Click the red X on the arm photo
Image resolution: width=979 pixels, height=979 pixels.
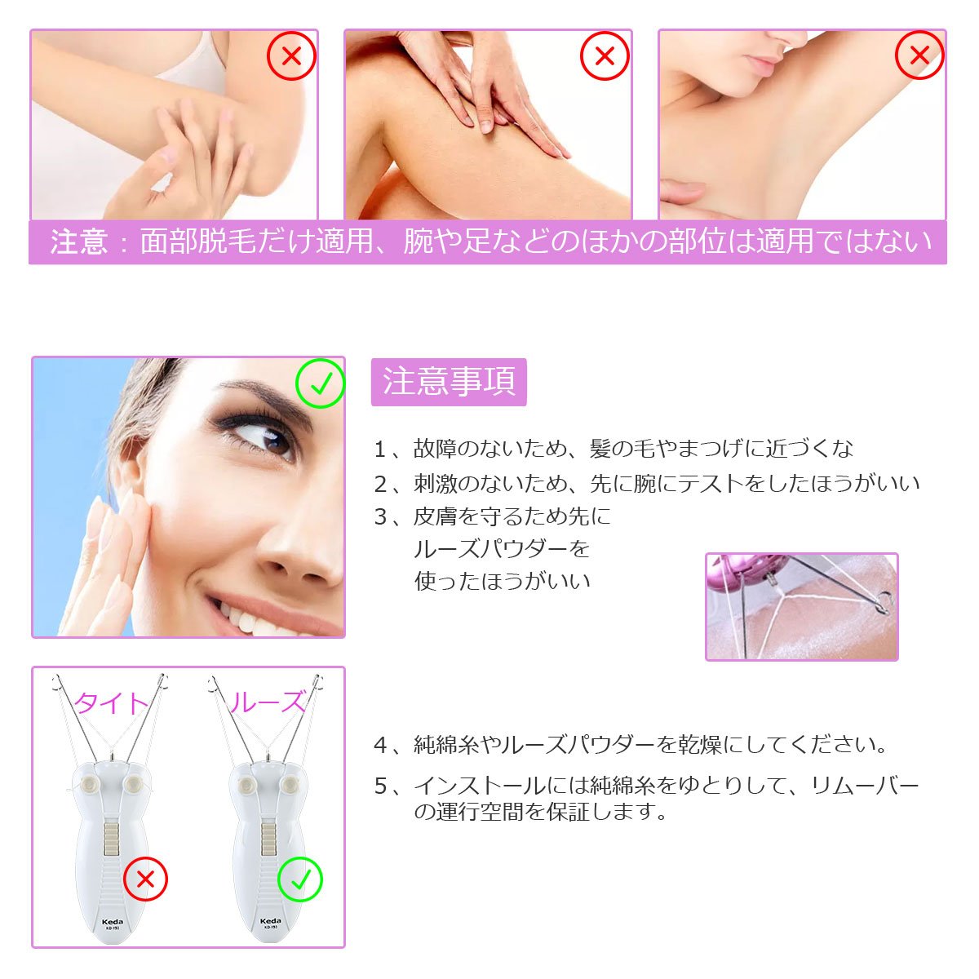coord(291,56)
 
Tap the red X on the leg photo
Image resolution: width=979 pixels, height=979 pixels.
coord(605,56)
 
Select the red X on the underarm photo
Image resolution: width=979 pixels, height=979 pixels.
coord(919,55)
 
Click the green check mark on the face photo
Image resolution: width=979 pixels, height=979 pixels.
coord(320,383)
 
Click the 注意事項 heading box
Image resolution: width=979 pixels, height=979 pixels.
coord(449,382)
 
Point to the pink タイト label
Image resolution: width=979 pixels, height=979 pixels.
coord(111,703)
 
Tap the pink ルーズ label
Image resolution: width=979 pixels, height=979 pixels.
coord(267,702)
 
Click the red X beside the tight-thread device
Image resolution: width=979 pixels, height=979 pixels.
coord(145,879)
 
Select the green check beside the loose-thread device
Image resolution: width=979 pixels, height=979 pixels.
coord(299,879)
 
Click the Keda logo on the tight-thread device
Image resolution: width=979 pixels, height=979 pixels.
coord(113,922)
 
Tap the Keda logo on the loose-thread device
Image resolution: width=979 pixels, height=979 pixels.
coord(270,921)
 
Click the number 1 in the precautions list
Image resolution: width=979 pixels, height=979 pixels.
coord(379,450)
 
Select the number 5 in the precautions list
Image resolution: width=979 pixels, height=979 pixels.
coord(380,786)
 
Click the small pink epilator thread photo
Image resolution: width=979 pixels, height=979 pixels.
coord(802,607)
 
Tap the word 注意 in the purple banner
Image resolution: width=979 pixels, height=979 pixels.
coord(79,241)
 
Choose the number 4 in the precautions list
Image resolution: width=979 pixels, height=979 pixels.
coord(380,746)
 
